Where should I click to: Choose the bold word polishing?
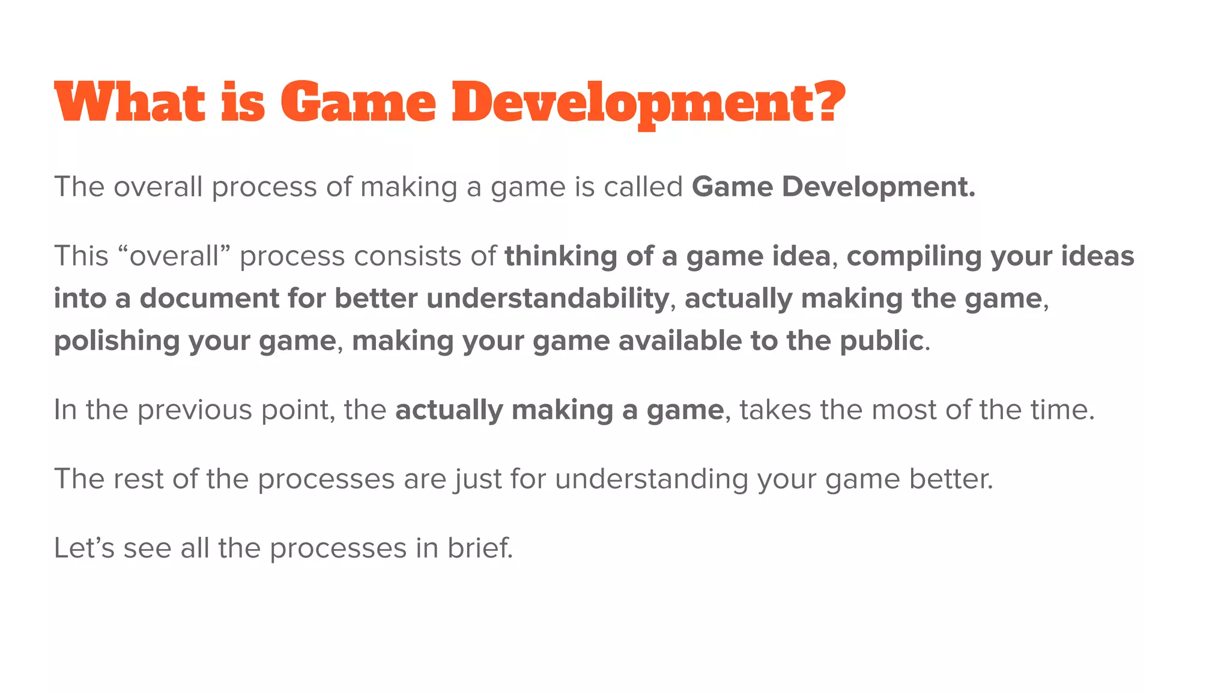(x=117, y=341)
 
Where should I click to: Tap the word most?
(x=904, y=410)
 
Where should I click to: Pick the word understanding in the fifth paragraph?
(x=651, y=479)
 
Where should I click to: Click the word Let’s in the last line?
(x=83, y=548)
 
